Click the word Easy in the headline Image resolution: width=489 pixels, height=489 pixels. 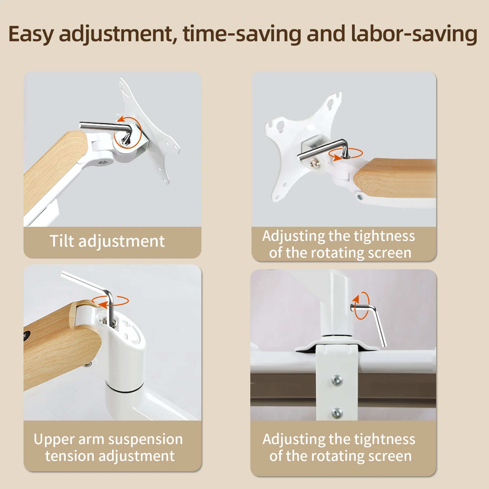(x=31, y=34)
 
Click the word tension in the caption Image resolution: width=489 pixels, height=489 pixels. (x=70, y=456)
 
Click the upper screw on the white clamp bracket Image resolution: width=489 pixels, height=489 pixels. (x=337, y=381)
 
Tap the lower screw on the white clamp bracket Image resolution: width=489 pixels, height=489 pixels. (x=337, y=413)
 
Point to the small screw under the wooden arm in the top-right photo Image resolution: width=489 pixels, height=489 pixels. (x=360, y=197)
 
